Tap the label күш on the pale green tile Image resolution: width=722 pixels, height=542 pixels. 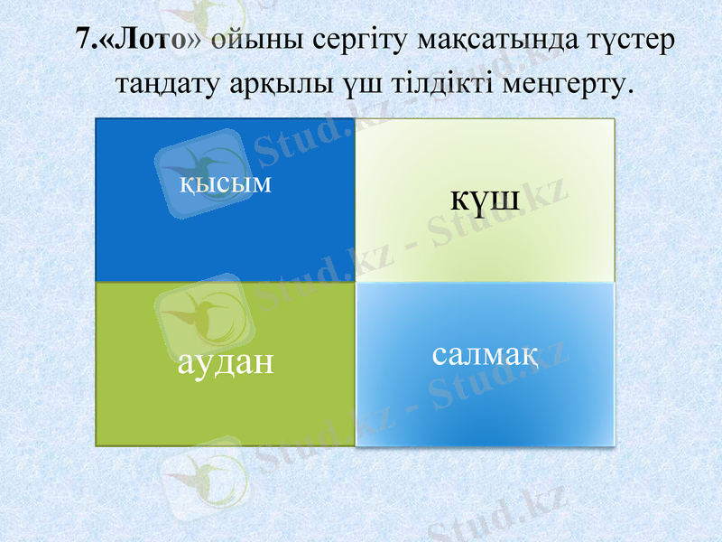coord(486,198)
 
